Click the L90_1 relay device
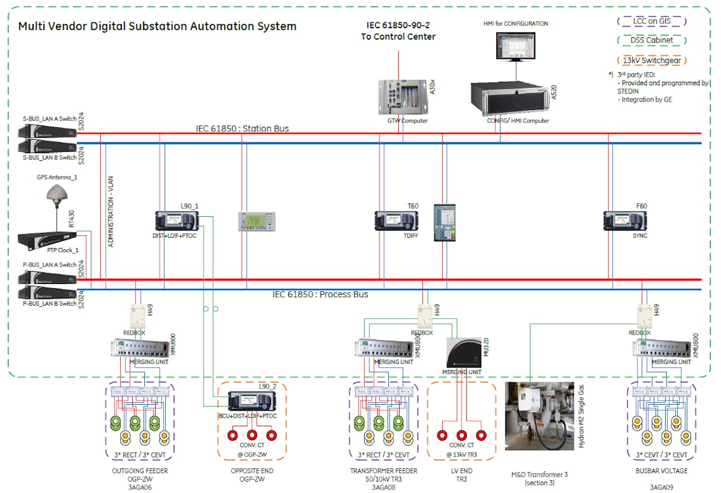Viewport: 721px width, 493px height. (x=172, y=220)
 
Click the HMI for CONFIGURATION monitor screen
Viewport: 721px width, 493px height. (x=516, y=46)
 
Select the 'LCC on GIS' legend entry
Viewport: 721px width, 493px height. (x=652, y=21)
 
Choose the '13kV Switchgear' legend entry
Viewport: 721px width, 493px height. (x=652, y=60)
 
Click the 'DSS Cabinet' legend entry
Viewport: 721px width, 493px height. (x=652, y=40)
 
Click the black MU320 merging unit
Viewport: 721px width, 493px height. (x=463, y=352)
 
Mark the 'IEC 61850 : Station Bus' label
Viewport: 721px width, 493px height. (x=242, y=129)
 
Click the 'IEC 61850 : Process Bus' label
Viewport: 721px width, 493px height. (x=320, y=294)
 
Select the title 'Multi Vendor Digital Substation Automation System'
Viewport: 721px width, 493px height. (x=157, y=26)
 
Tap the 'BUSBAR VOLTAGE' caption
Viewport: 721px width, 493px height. (x=661, y=471)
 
